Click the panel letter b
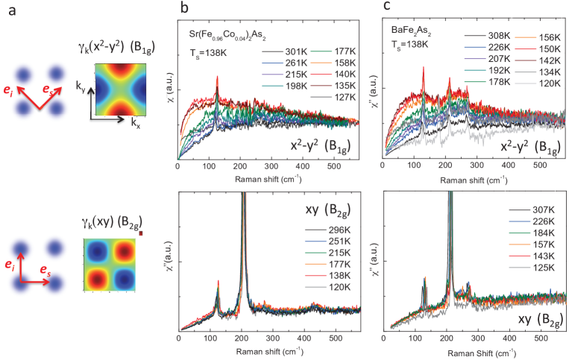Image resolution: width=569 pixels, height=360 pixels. coord(184,8)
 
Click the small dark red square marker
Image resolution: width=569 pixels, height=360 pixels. coord(140,233)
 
